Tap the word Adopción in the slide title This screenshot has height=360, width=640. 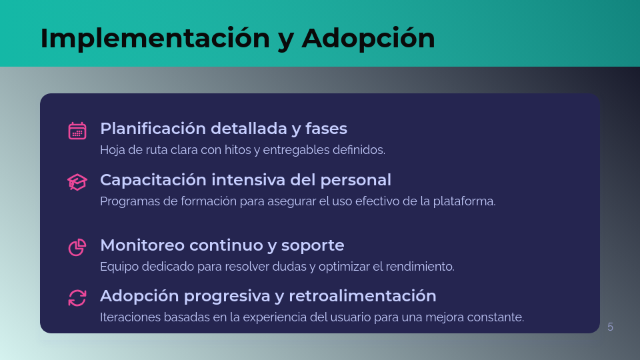368,38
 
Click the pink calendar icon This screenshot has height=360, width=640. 77,131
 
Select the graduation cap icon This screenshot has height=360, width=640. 77,181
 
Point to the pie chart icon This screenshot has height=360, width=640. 77,247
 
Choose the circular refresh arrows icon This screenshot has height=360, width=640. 77,297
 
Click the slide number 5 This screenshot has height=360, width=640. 610,327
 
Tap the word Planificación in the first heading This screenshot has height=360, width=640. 153,128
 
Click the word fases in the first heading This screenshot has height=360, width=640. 326,128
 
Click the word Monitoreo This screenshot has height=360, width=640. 142,245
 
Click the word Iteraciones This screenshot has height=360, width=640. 127,317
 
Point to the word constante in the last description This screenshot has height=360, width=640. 497,317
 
